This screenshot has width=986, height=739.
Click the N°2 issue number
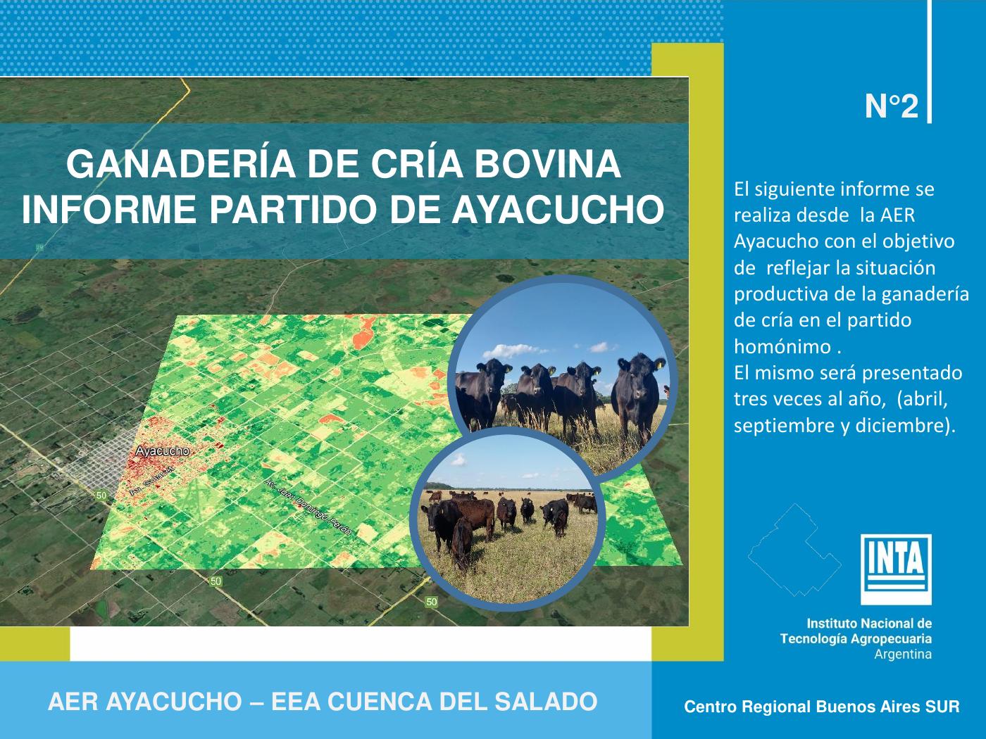(x=891, y=107)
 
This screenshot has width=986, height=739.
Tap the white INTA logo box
(x=896, y=569)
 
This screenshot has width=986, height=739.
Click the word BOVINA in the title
(x=547, y=164)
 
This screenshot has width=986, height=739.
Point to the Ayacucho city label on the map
(x=162, y=451)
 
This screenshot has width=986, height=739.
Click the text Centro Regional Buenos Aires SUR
(x=822, y=707)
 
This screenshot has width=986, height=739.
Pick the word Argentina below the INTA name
(x=902, y=655)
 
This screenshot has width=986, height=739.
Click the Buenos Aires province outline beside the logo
(x=794, y=550)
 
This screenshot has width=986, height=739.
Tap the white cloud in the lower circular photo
(x=458, y=460)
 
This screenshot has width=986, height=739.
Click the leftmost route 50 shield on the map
(x=102, y=495)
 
